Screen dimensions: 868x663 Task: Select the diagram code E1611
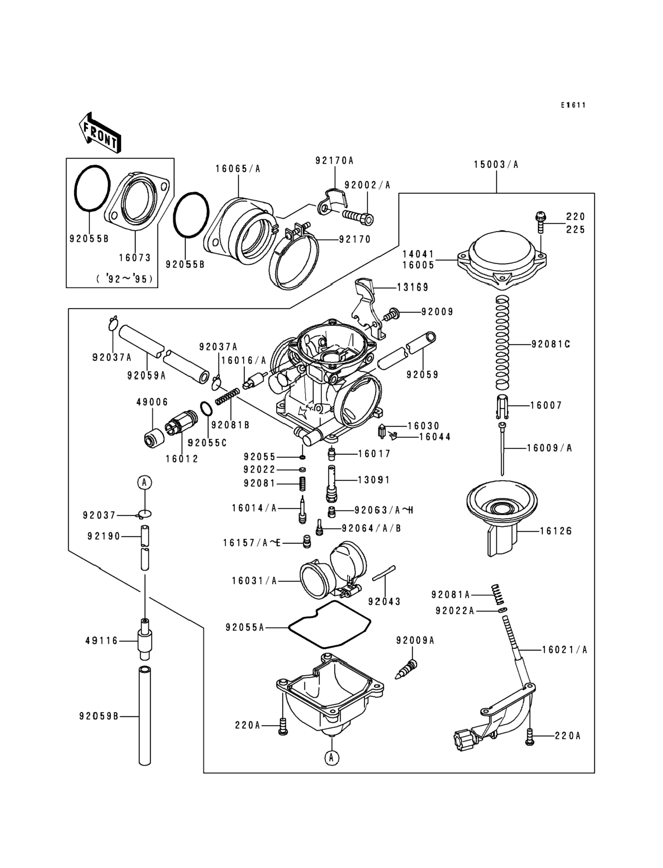pos(573,105)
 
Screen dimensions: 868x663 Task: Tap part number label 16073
pos(135,258)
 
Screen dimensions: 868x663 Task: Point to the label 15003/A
pos(496,165)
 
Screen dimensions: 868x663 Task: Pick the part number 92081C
pos(551,344)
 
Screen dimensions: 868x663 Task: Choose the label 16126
pos(556,531)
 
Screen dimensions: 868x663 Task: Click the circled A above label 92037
pos(145,482)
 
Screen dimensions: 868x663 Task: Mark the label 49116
pos(102,641)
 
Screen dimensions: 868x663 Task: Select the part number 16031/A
pos(254,581)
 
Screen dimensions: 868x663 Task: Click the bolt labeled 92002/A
pos(358,218)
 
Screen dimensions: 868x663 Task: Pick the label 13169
pos(412,287)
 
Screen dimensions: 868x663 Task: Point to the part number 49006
pos(152,402)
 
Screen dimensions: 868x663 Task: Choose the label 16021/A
pos(565,649)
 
